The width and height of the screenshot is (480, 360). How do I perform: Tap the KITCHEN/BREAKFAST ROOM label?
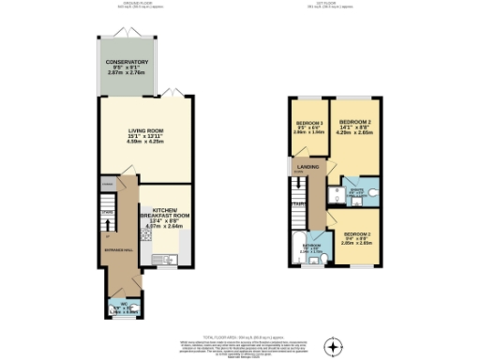coord(165,214)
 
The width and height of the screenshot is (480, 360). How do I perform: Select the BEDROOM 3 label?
coord(309,124)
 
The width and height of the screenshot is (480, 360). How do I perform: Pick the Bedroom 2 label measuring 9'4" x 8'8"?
coord(357,234)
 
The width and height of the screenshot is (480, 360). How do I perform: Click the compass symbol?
coord(333,347)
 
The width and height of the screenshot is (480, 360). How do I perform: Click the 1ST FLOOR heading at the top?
coord(335,7)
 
